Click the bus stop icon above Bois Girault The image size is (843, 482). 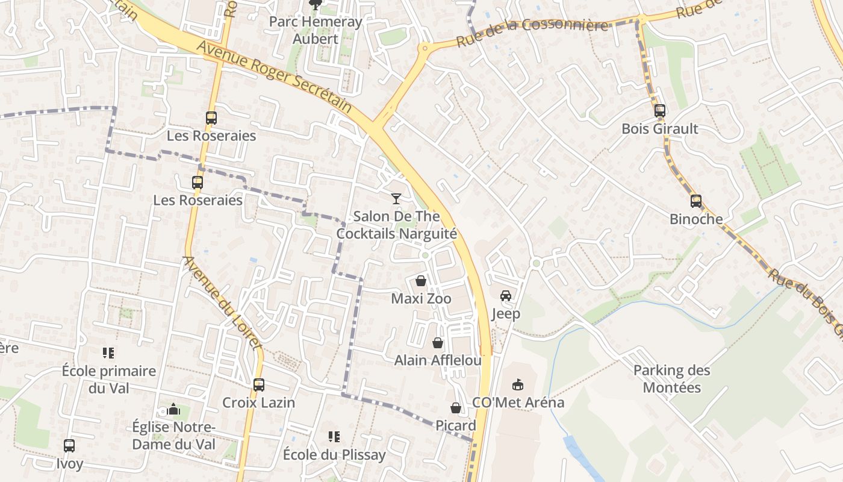tap(660, 111)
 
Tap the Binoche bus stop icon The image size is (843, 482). tap(696, 201)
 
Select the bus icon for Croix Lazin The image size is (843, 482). tap(259, 384)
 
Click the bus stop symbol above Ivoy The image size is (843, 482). tap(69, 446)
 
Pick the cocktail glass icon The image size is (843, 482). tap(396, 198)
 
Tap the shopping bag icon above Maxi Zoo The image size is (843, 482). tap(421, 281)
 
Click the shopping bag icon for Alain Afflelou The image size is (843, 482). tap(438, 343)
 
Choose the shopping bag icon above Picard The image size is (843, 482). tap(456, 408)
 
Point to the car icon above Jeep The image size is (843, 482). tap(506, 295)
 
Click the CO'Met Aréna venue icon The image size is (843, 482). tap(517, 384)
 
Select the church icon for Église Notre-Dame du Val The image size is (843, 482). tap(173, 410)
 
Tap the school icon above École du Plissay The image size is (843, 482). tap(334, 436)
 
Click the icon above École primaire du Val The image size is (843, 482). tap(108, 352)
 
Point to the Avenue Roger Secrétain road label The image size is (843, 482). tap(274, 77)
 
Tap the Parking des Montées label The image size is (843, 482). tap(672, 378)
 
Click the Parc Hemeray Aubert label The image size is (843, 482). tap(316, 30)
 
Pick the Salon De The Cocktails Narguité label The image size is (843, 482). tap(396, 225)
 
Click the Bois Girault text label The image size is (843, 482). tap(660, 128)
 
